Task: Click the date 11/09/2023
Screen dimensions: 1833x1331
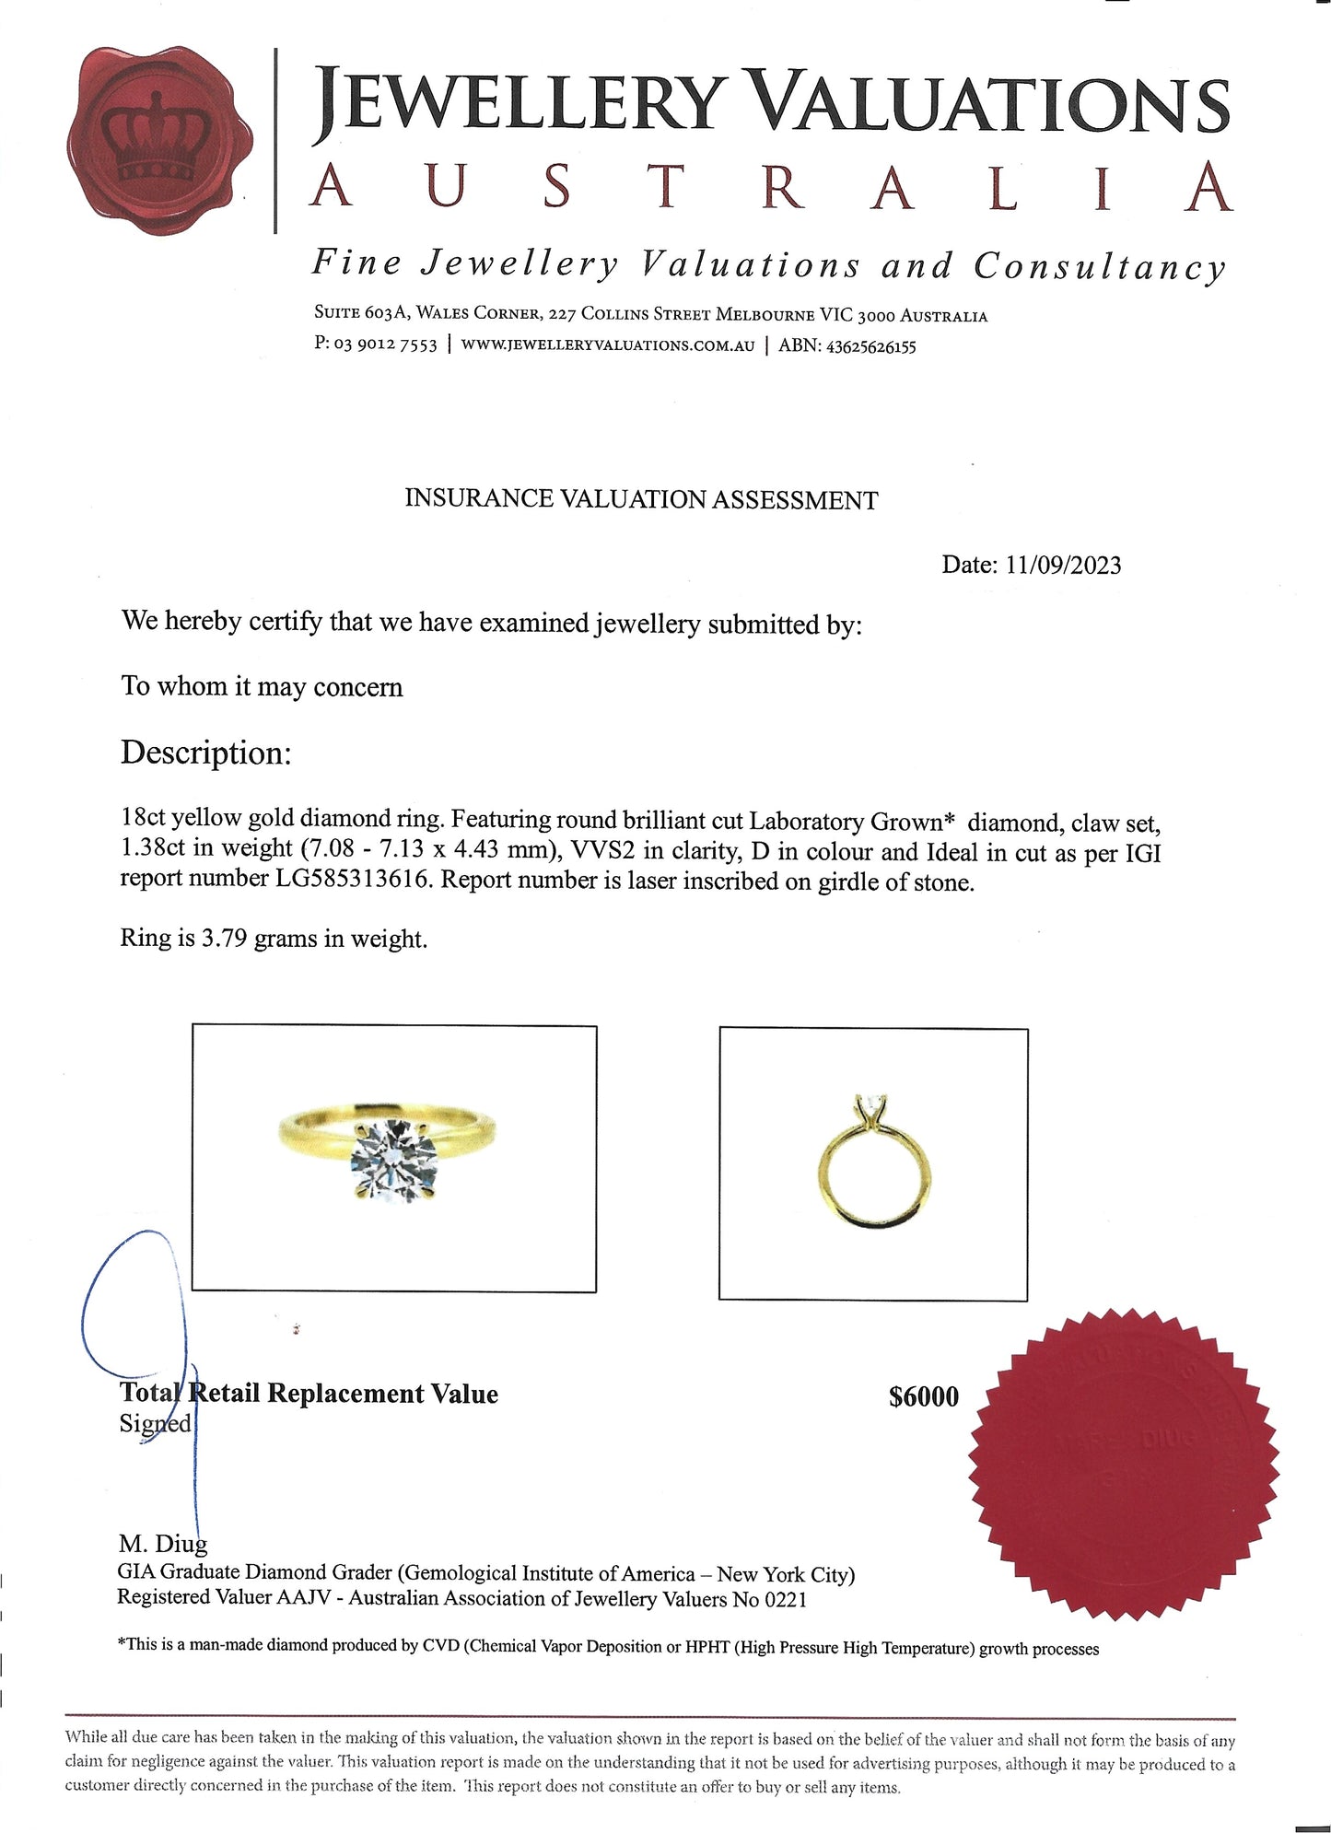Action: point(1063,565)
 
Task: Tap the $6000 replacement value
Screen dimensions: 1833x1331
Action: point(923,1396)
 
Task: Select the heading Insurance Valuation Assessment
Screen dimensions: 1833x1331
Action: point(641,499)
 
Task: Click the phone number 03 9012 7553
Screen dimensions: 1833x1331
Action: point(385,345)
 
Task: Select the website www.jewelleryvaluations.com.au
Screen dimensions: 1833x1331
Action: point(608,345)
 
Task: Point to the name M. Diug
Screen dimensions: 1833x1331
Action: point(163,1544)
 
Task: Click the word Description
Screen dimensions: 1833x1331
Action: point(205,753)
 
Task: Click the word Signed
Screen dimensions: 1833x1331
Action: point(155,1424)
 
